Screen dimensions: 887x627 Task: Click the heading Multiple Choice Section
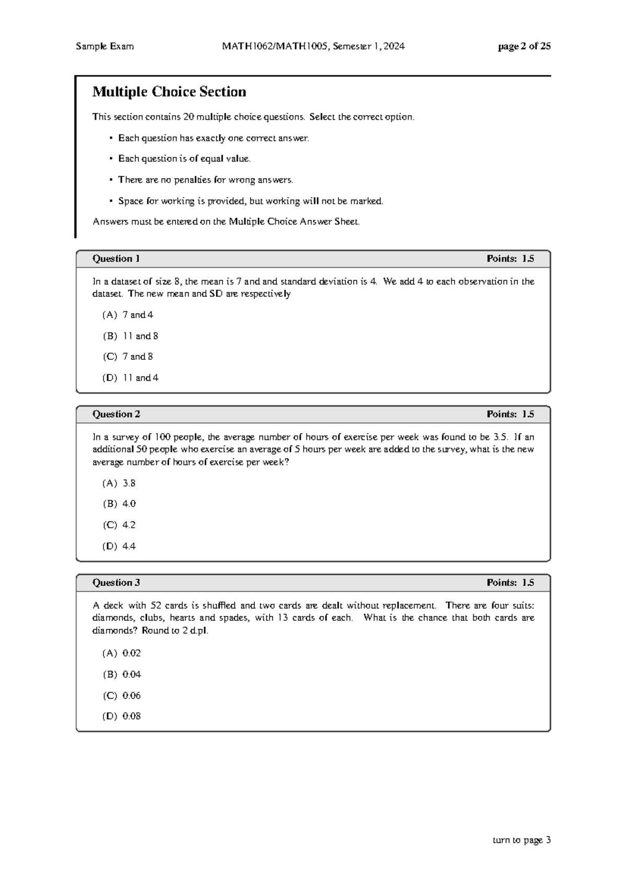(x=169, y=92)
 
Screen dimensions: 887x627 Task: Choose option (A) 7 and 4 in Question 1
(x=128, y=315)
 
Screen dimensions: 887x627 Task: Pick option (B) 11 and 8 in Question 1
(x=131, y=336)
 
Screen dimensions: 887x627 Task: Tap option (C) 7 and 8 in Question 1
(x=128, y=357)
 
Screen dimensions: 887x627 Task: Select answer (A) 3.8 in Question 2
(x=119, y=483)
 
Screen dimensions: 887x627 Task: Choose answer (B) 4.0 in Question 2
(x=119, y=504)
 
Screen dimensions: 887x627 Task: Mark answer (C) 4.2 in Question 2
(x=119, y=525)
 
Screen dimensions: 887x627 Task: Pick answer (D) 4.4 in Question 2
(x=119, y=546)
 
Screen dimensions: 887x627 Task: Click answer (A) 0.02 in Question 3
(x=122, y=653)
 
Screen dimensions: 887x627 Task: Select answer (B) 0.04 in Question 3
(x=122, y=674)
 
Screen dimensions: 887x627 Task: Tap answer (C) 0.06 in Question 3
(x=122, y=696)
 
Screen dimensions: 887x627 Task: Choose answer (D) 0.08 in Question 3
(x=122, y=717)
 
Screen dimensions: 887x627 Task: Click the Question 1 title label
(x=116, y=259)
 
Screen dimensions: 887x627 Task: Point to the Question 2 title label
(x=116, y=414)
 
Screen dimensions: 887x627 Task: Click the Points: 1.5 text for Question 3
(x=510, y=583)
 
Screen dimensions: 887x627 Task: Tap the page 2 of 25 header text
(x=524, y=46)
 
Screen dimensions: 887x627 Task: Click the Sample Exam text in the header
(x=104, y=46)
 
